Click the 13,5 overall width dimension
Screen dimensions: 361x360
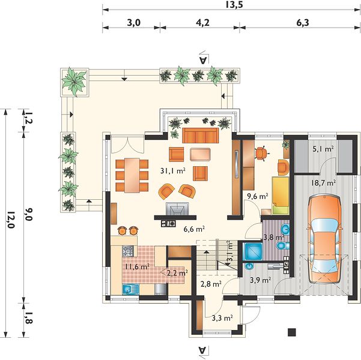(x=234, y=5)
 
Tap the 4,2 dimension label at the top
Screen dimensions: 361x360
(x=202, y=23)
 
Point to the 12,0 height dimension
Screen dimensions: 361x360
(x=10, y=220)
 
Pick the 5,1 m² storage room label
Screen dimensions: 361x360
(x=323, y=149)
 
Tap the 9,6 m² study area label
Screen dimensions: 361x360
(x=258, y=196)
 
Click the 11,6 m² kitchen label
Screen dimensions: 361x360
(x=137, y=266)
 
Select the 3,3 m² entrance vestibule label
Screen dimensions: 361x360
(x=222, y=318)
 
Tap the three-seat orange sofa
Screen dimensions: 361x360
(x=201, y=136)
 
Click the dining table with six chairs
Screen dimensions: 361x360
(x=132, y=175)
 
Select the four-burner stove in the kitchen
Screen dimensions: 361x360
(x=128, y=251)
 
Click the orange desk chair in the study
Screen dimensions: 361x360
(x=261, y=154)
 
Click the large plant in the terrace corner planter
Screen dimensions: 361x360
(x=74, y=82)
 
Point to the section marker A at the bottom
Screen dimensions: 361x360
(x=203, y=350)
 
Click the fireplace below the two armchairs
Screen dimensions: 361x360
(x=177, y=209)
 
